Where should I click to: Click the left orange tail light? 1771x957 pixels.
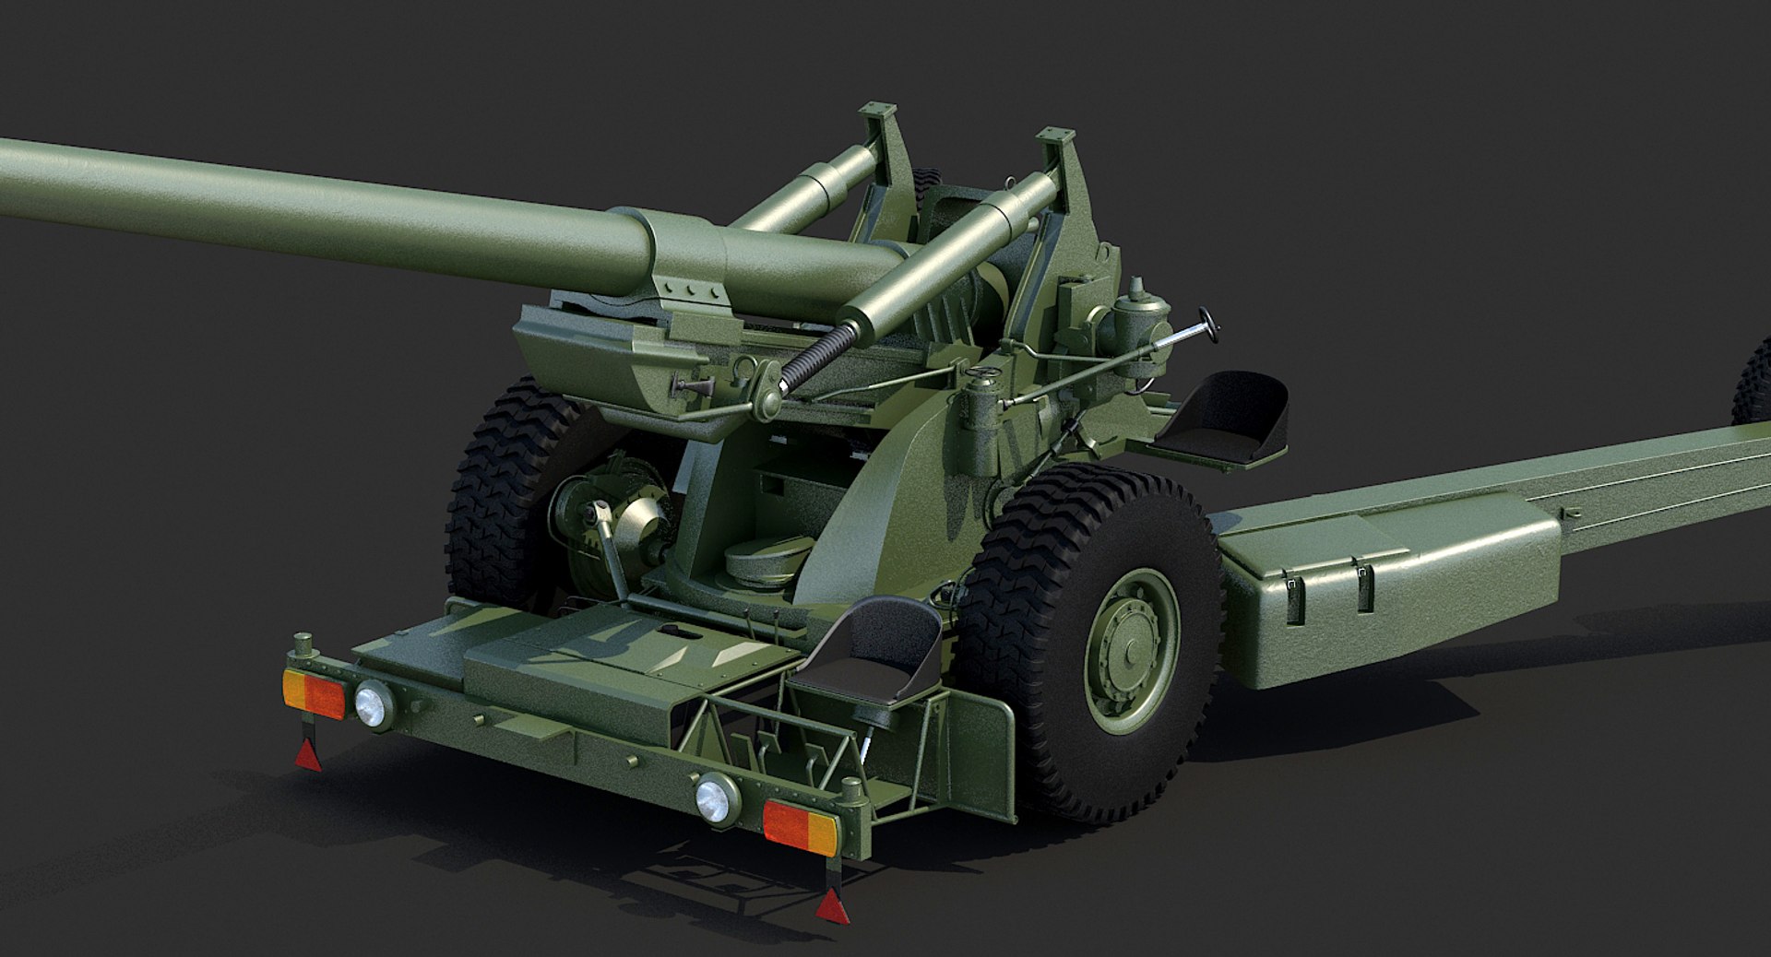pos(314,693)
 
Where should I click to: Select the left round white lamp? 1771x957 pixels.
pos(374,705)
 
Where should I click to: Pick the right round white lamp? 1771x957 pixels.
pos(716,798)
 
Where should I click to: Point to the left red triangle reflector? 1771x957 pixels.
pos(308,755)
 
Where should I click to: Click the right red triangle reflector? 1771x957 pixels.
pos(829,907)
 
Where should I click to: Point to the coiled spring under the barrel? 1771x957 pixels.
pos(812,360)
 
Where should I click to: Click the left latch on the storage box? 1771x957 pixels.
pos(1296,590)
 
